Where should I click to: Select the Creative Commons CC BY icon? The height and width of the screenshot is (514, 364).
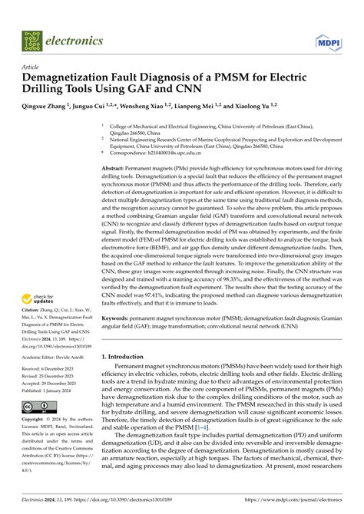tap(37, 407)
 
